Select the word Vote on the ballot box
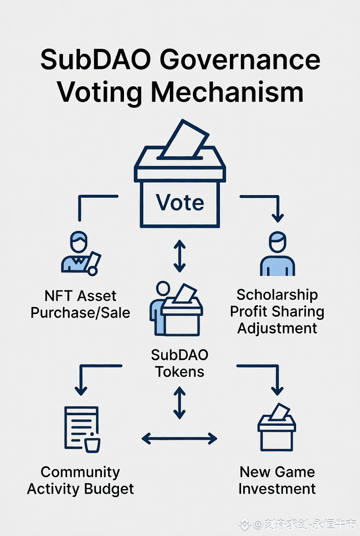pyautogui.click(x=180, y=202)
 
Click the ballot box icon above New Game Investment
pyautogui.click(x=277, y=427)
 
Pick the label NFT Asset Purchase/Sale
pyautogui.click(x=80, y=304)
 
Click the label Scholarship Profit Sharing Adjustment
pyautogui.click(x=277, y=311)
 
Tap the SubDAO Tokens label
pyautogui.click(x=180, y=363)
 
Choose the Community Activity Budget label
pyautogui.click(x=80, y=480)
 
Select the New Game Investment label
pyautogui.click(x=277, y=480)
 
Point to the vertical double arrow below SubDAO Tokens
pyautogui.click(x=180, y=402)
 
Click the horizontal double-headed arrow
pyautogui.click(x=180, y=439)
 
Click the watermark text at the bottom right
pyautogui.click(x=298, y=524)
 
